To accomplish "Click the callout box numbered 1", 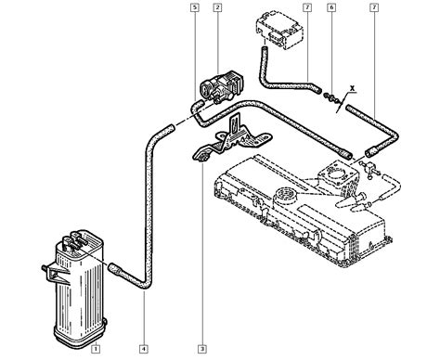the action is coord(96,349).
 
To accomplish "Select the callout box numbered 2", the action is coord(217,7).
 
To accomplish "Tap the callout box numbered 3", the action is coord(202,349).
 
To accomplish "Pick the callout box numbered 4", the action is coord(143,349).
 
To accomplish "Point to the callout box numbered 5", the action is coord(194,7).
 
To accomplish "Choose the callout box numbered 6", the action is coord(331,7).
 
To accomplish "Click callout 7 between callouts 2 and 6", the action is coord(307,7).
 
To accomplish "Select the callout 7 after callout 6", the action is coord(374,7).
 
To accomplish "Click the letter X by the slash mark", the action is coord(352,88).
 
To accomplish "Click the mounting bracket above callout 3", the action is coord(232,137).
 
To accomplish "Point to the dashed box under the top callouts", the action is coord(279,30).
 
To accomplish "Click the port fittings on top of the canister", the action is coord(73,240).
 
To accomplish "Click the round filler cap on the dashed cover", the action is coord(284,195).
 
